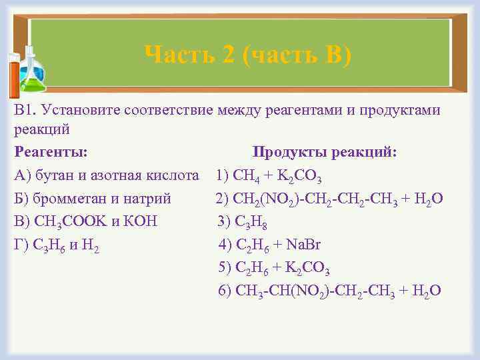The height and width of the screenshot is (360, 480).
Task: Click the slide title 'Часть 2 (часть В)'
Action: point(247,53)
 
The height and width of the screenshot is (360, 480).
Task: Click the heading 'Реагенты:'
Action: point(50,153)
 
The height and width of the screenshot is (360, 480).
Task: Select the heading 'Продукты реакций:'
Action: point(325,153)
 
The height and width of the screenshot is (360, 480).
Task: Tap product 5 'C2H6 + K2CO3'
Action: point(274,268)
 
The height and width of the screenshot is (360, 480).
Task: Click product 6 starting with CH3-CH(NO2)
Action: point(329,291)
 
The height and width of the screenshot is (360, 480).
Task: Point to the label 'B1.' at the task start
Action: point(24,110)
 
